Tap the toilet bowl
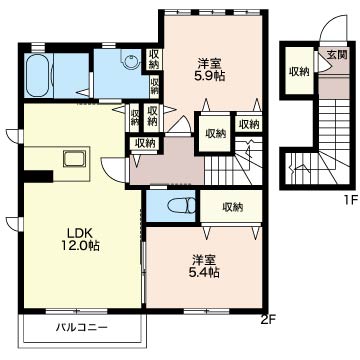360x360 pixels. click(x=182, y=206)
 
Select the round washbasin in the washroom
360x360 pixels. click(x=131, y=61)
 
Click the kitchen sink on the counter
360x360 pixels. click(x=75, y=159)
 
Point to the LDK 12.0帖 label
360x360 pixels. click(x=80, y=239)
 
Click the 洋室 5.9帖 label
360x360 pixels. click(x=210, y=69)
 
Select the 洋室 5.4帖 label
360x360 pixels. click(x=205, y=266)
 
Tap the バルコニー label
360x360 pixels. click(x=81, y=327)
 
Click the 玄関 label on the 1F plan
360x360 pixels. click(x=336, y=55)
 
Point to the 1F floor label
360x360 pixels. click(x=351, y=200)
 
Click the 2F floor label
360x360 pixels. click(x=269, y=320)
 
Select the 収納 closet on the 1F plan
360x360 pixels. click(x=299, y=71)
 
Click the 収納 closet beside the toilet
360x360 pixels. click(x=232, y=207)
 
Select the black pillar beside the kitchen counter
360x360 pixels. click(x=38, y=176)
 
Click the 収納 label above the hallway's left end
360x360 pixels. click(x=145, y=143)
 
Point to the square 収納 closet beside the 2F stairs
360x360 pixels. click(x=215, y=134)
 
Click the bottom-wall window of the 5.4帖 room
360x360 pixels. click(x=206, y=311)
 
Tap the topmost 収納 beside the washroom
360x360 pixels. click(x=153, y=59)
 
